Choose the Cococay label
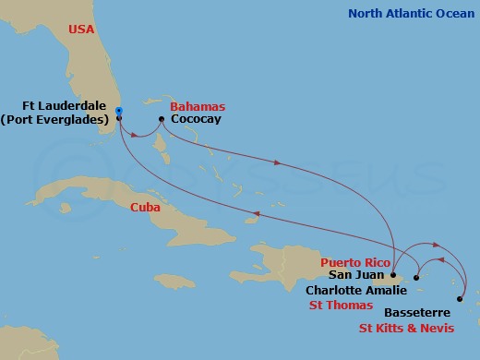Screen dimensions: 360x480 pos(197,119)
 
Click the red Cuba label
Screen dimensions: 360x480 pos(146,208)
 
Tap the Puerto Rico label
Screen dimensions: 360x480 pos(351,262)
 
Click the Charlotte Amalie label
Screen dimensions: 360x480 pos(355,288)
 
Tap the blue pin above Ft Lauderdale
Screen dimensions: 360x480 pos(118,111)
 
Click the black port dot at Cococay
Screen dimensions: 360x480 pos(162,119)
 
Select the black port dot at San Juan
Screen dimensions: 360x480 pos(393,275)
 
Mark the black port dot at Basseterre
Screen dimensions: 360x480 pos(459,298)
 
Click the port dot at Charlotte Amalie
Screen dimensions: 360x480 pos(416,278)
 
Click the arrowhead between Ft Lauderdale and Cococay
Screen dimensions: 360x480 pos(138,136)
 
